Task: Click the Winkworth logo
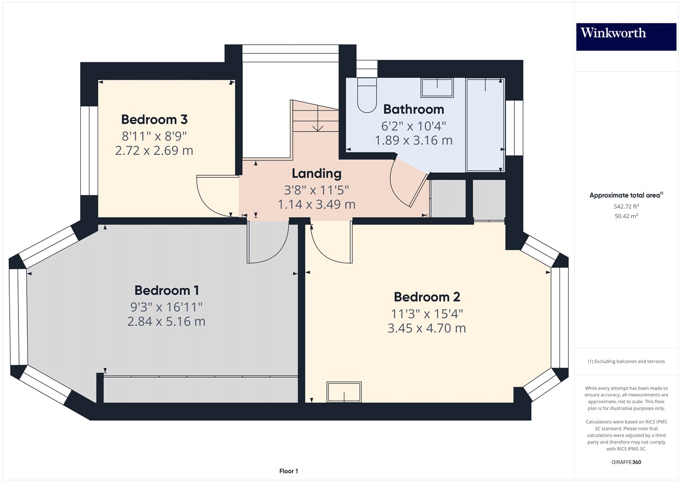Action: click(x=613, y=33)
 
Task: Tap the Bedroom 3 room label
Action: click(x=154, y=120)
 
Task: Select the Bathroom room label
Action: click(x=413, y=110)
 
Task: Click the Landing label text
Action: click(x=316, y=174)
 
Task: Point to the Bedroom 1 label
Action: click(x=166, y=291)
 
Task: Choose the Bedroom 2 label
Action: click(x=427, y=297)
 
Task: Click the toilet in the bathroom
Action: click(x=367, y=95)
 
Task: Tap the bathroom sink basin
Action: click(x=437, y=88)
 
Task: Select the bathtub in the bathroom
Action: click(x=485, y=125)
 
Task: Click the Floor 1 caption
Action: click(x=288, y=471)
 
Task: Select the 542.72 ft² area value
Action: click(x=626, y=206)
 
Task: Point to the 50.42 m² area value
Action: click(x=626, y=216)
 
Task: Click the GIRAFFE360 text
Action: click(x=626, y=462)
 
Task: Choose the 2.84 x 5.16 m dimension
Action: click(x=166, y=322)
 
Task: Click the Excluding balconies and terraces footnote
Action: click(x=626, y=362)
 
